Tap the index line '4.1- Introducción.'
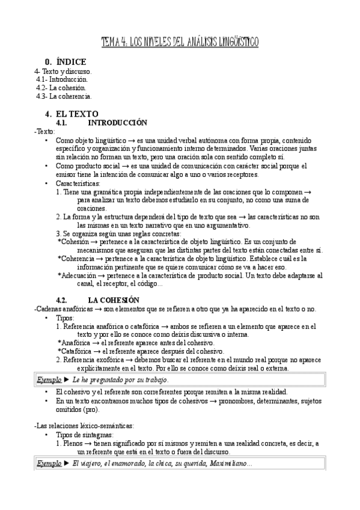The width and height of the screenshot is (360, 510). [x=62, y=79]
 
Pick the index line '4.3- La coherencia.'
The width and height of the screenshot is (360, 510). [x=64, y=96]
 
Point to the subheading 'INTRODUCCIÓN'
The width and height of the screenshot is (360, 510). [x=117, y=122]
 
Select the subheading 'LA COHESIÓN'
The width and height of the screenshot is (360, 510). [x=114, y=300]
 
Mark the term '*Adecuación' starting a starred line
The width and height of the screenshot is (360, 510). [x=80, y=275]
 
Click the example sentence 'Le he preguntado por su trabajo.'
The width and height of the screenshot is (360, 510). [x=120, y=380]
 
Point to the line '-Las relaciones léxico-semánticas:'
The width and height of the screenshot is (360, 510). [x=86, y=425]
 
